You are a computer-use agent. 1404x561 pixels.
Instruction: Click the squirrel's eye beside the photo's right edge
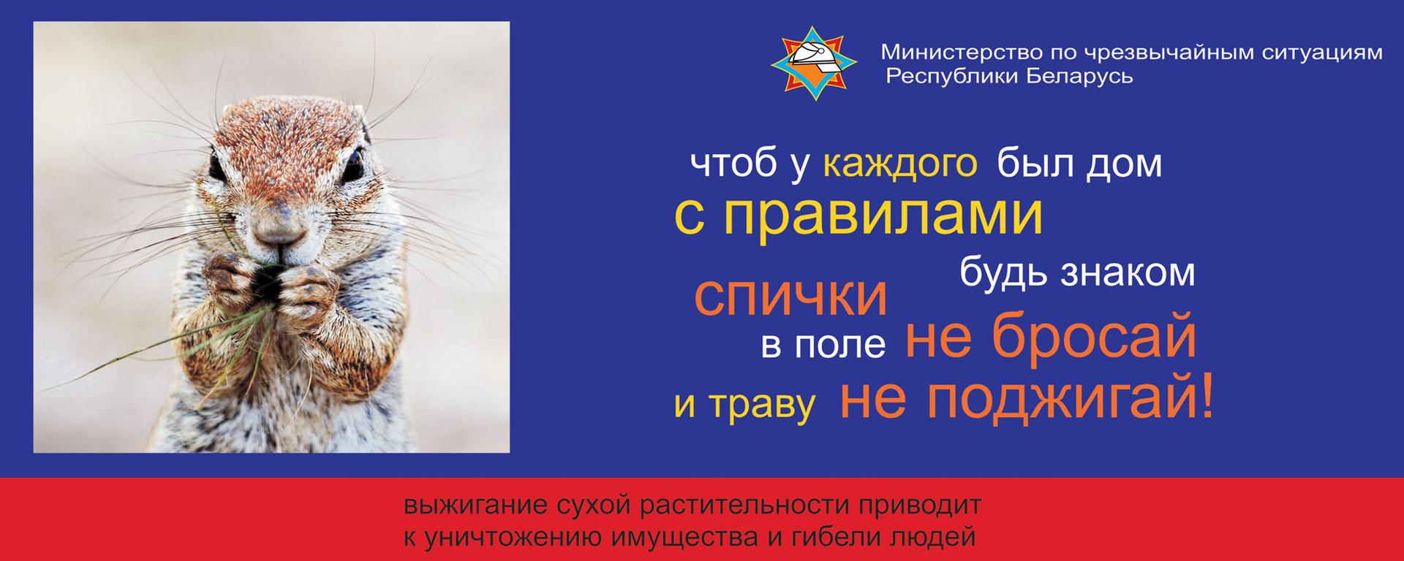354,161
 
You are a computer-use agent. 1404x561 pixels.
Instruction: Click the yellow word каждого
900,164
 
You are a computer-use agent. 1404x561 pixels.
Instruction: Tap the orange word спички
790,297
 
